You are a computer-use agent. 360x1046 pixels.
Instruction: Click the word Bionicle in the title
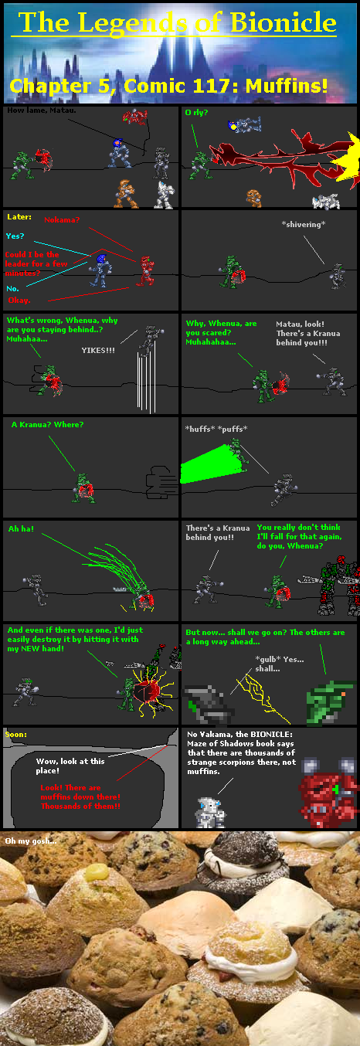[283, 22]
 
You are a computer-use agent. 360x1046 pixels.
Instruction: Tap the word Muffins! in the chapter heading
[287, 86]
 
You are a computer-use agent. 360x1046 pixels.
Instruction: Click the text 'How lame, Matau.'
[42, 110]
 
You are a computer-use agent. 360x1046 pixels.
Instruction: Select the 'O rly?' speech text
[196, 112]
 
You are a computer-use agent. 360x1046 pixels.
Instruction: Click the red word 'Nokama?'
[62, 219]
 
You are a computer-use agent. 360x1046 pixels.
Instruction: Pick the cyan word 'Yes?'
[15, 236]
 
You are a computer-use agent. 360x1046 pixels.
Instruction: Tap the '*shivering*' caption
[304, 224]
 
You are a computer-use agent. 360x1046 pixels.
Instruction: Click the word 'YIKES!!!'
[98, 350]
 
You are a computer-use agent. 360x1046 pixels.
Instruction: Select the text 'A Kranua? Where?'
[47, 424]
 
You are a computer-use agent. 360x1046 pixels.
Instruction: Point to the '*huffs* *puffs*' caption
[216, 429]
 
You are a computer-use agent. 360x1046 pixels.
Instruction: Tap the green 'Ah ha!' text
[21, 528]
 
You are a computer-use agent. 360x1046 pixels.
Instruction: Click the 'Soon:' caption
[16, 734]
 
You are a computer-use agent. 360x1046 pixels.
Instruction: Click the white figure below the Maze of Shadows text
[210, 813]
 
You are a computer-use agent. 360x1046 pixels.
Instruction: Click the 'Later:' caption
[19, 217]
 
